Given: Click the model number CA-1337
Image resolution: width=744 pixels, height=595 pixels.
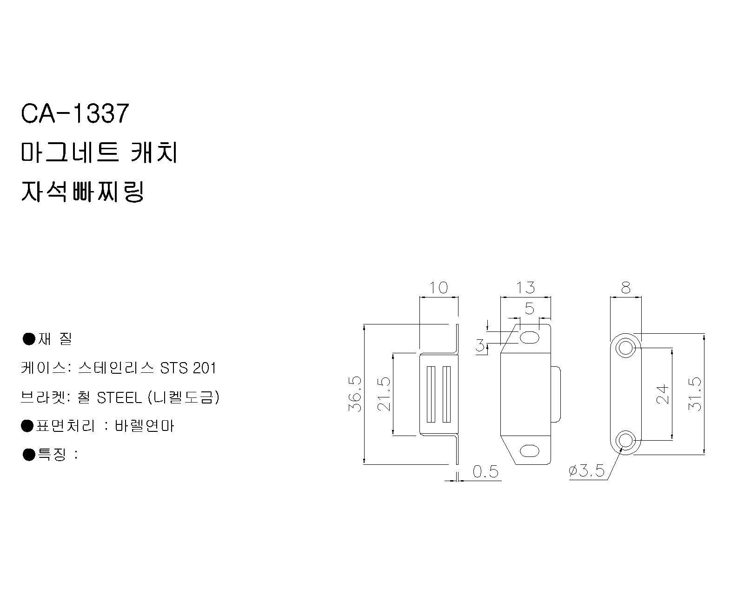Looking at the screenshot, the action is point(75,113).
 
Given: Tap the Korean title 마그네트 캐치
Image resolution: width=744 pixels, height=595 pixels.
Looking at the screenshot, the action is point(99,152).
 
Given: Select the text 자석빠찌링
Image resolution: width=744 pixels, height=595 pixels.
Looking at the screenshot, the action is point(82,191).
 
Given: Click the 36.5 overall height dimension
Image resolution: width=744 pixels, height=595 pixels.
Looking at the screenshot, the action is point(355,394).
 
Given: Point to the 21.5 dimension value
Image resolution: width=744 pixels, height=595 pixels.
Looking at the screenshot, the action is point(384,394).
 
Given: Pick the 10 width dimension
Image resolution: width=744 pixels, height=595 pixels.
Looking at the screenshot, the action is point(438,288).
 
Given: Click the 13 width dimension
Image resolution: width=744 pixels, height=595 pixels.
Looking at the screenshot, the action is point(525,288).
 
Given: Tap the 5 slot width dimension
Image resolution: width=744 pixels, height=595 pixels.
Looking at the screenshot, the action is point(529,308).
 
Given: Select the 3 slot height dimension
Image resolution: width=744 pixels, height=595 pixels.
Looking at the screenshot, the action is point(480,345).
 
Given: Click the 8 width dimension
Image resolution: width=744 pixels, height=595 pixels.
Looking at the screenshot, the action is point(626,288).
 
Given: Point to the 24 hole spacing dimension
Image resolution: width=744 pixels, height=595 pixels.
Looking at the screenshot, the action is point(663,395).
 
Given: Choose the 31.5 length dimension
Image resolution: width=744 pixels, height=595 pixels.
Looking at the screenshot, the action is point(695,394).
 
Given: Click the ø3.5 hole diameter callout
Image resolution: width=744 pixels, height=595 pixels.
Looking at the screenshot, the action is point(586,471).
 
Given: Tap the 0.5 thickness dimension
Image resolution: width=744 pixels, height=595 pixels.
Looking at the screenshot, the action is point(485,471).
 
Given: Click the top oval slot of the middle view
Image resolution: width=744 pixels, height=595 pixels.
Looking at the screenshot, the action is point(529,337).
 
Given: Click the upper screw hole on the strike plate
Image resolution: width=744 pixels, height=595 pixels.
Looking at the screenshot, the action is point(625,347).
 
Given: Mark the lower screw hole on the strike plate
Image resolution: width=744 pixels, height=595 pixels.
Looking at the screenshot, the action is point(625,441).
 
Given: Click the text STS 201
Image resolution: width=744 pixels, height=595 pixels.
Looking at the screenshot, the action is point(188,368).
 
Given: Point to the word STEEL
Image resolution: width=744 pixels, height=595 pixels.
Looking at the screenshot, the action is point(120,398).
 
